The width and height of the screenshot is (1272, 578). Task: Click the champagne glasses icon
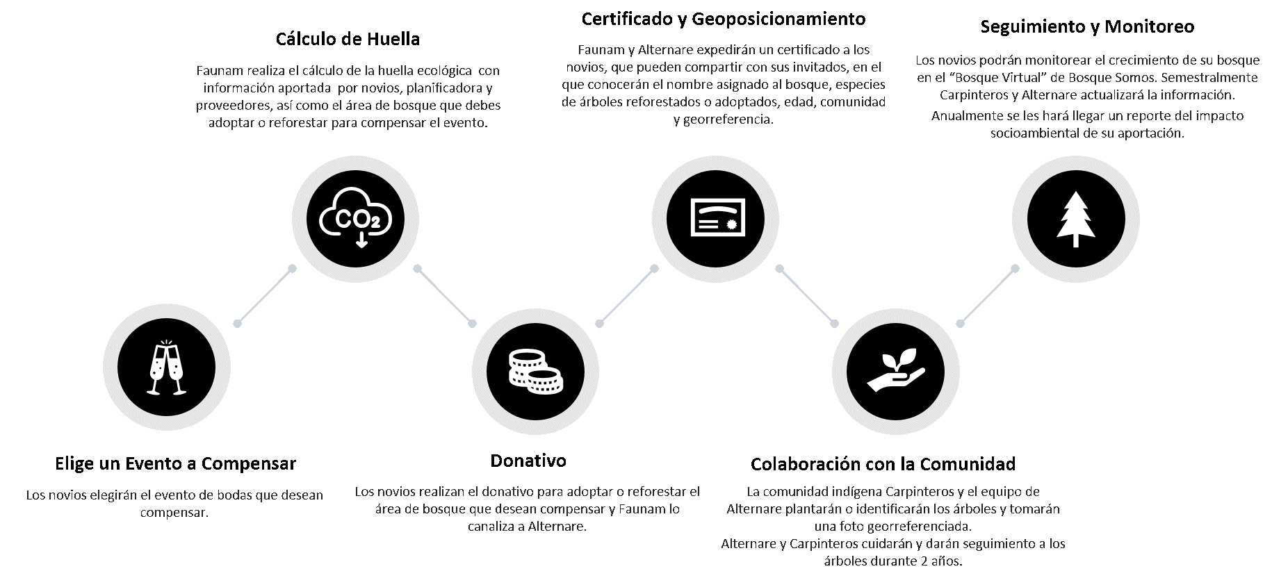168,368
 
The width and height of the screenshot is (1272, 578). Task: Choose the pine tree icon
1075,218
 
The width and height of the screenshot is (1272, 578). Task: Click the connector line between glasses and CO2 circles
265,295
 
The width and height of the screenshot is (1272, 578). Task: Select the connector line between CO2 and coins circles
445,295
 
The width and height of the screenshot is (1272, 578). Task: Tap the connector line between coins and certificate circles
627,295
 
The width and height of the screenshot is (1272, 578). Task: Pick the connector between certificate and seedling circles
807,295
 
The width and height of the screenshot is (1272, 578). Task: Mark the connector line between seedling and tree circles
988,295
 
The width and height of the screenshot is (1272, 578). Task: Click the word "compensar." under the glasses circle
174,513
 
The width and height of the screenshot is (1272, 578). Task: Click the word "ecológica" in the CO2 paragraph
447,71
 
